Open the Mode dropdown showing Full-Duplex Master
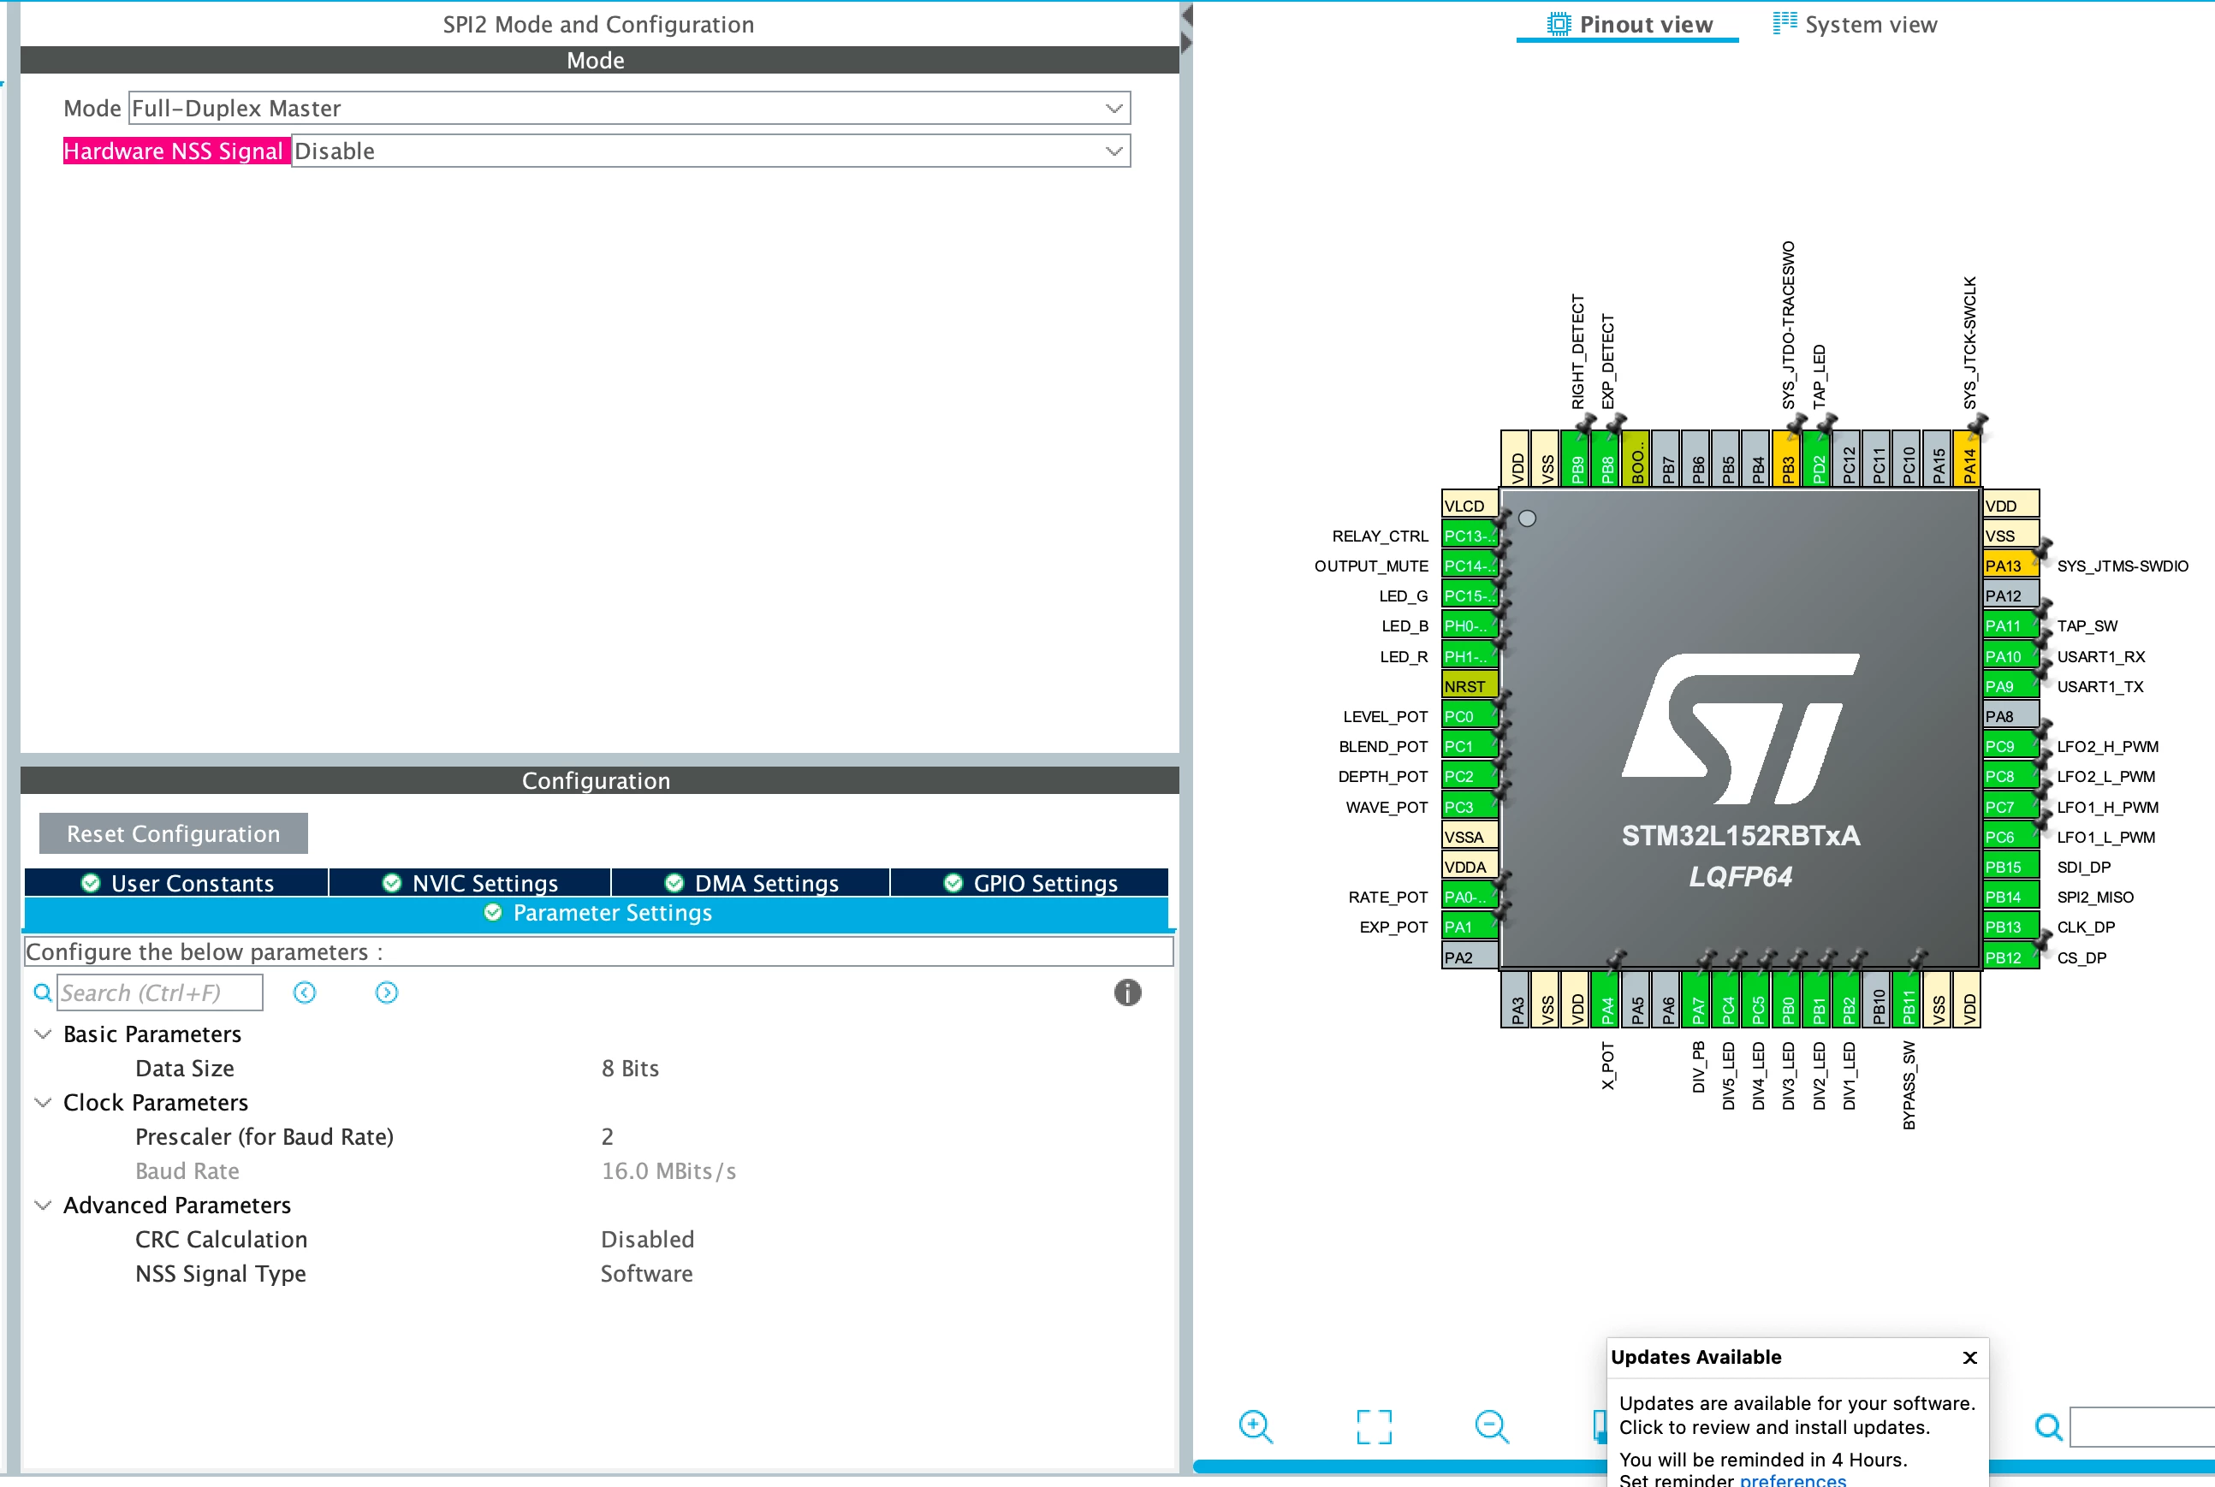point(629,108)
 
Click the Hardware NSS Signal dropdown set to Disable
point(710,151)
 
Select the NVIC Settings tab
point(471,883)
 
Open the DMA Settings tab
point(751,883)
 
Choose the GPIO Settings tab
point(1030,883)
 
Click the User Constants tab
point(177,883)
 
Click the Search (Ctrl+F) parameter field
point(159,992)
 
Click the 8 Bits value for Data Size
point(630,1068)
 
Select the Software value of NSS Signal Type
point(647,1274)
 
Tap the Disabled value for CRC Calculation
point(648,1240)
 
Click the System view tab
point(1856,25)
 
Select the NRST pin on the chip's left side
point(1469,685)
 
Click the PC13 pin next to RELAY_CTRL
point(1469,536)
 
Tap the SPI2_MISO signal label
point(2095,898)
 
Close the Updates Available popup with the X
point(1969,1357)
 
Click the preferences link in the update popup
point(1793,1479)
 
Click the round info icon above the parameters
point(1127,992)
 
